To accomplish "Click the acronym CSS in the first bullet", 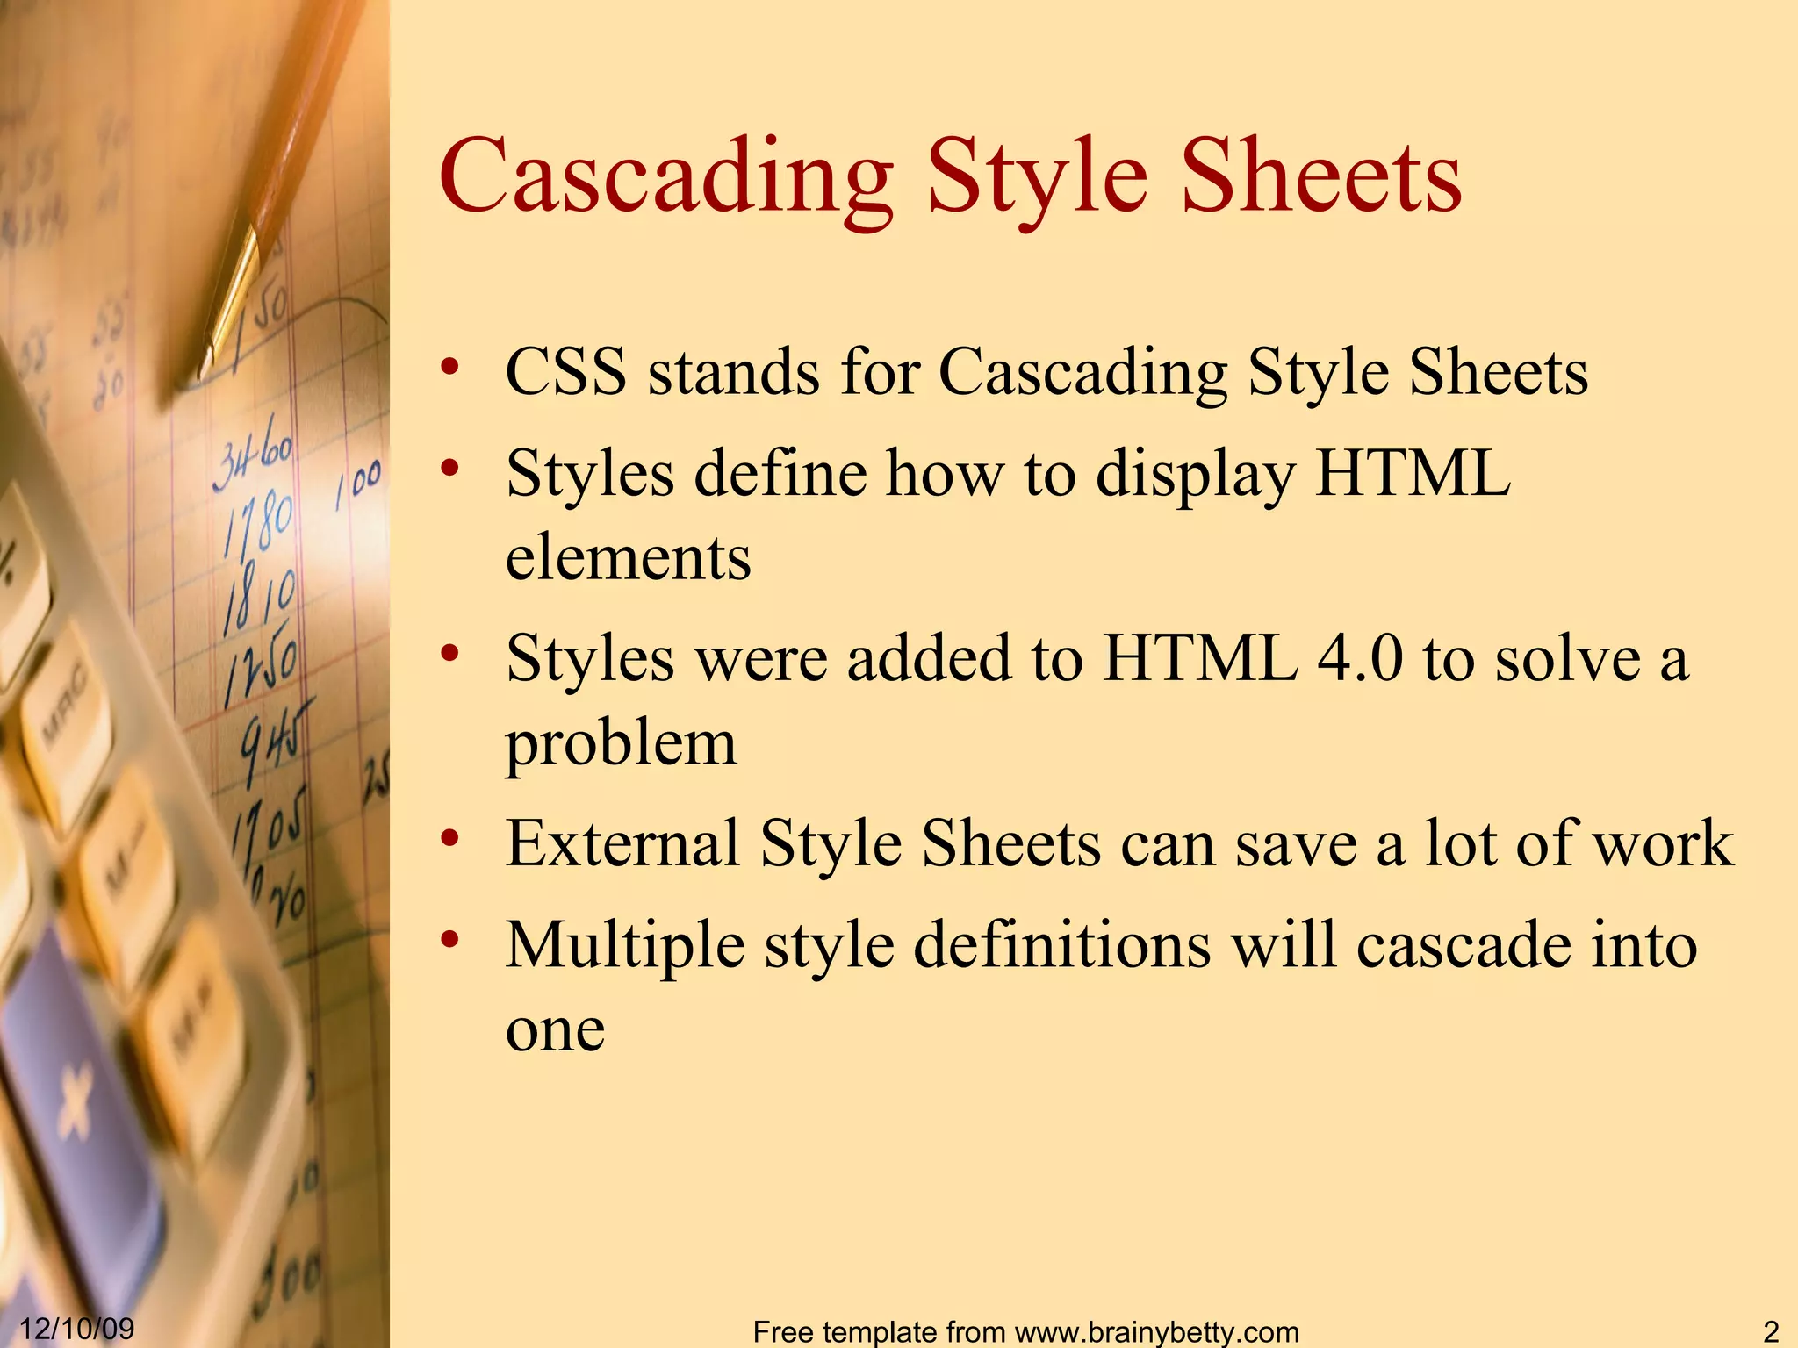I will (x=566, y=372).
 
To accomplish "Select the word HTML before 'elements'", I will (x=1413, y=474).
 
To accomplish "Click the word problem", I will (x=621, y=743).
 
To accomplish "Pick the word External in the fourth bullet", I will (x=622, y=843).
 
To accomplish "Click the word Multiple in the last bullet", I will (x=625, y=945).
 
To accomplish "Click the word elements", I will (x=629, y=558).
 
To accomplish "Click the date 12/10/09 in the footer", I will (x=76, y=1329).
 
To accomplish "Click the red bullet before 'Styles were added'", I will (x=450, y=653).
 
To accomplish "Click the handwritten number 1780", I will (x=259, y=527).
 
